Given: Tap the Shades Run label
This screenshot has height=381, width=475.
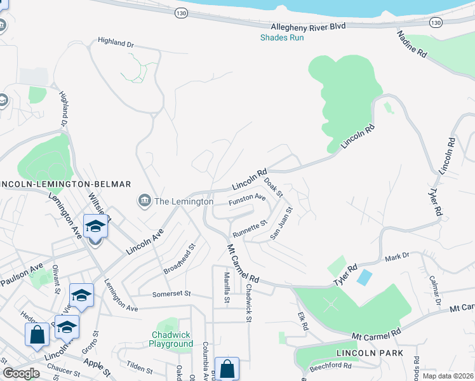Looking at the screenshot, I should coord(282,37).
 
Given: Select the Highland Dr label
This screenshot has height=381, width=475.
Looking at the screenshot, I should coord(116,43).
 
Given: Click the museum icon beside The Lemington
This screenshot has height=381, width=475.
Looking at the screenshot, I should coord(144,201).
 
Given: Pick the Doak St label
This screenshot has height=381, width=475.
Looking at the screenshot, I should coord(273,187).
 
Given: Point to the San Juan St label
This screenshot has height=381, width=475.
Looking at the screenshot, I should coord(281,222).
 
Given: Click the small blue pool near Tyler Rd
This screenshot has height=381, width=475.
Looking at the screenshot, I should coord(365,277).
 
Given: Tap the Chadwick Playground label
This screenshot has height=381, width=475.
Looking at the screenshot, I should coord(171,339).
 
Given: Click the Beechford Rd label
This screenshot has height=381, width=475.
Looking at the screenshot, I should coord(330,366).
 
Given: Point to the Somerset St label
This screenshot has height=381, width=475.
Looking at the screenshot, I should coord(171,293).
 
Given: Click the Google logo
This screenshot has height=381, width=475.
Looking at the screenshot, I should coord(21,373).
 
